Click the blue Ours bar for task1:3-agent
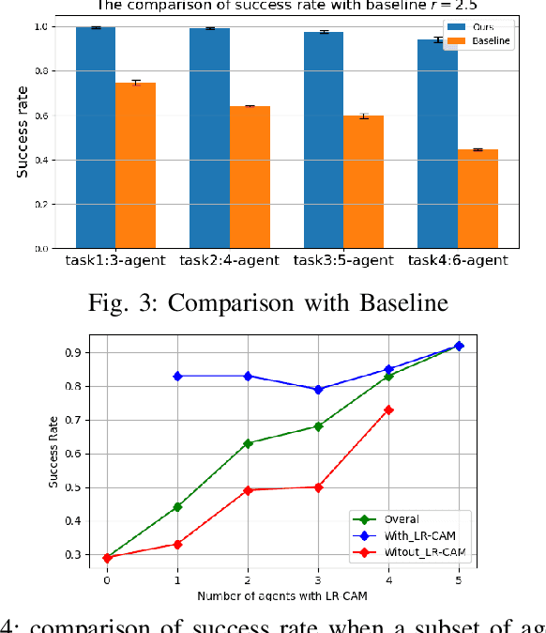tap(96, 138)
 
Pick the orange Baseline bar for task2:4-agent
tap(250, 177)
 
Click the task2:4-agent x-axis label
tap(229, 260)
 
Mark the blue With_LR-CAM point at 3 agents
tap(319, 389)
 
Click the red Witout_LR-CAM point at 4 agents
tap(388, 409)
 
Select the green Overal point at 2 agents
tap(248, 443)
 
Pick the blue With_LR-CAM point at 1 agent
tap(177, 376)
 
